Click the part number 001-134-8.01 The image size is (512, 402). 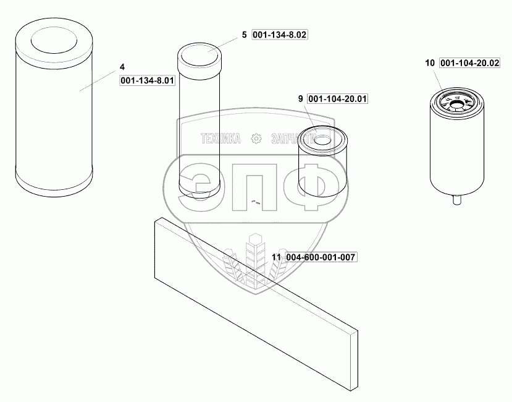click(147, 80)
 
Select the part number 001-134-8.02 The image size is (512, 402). click(280, 35)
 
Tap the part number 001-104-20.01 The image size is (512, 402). click(337, 99)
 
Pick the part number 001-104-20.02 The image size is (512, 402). click(470, 63)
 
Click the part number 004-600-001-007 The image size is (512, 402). click(321, 257)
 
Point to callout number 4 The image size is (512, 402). click(122, 67)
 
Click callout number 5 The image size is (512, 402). click(244, 35)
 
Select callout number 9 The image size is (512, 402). click(300, 98)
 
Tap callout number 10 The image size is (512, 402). click(430, 63)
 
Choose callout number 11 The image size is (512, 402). click(276, 257)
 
